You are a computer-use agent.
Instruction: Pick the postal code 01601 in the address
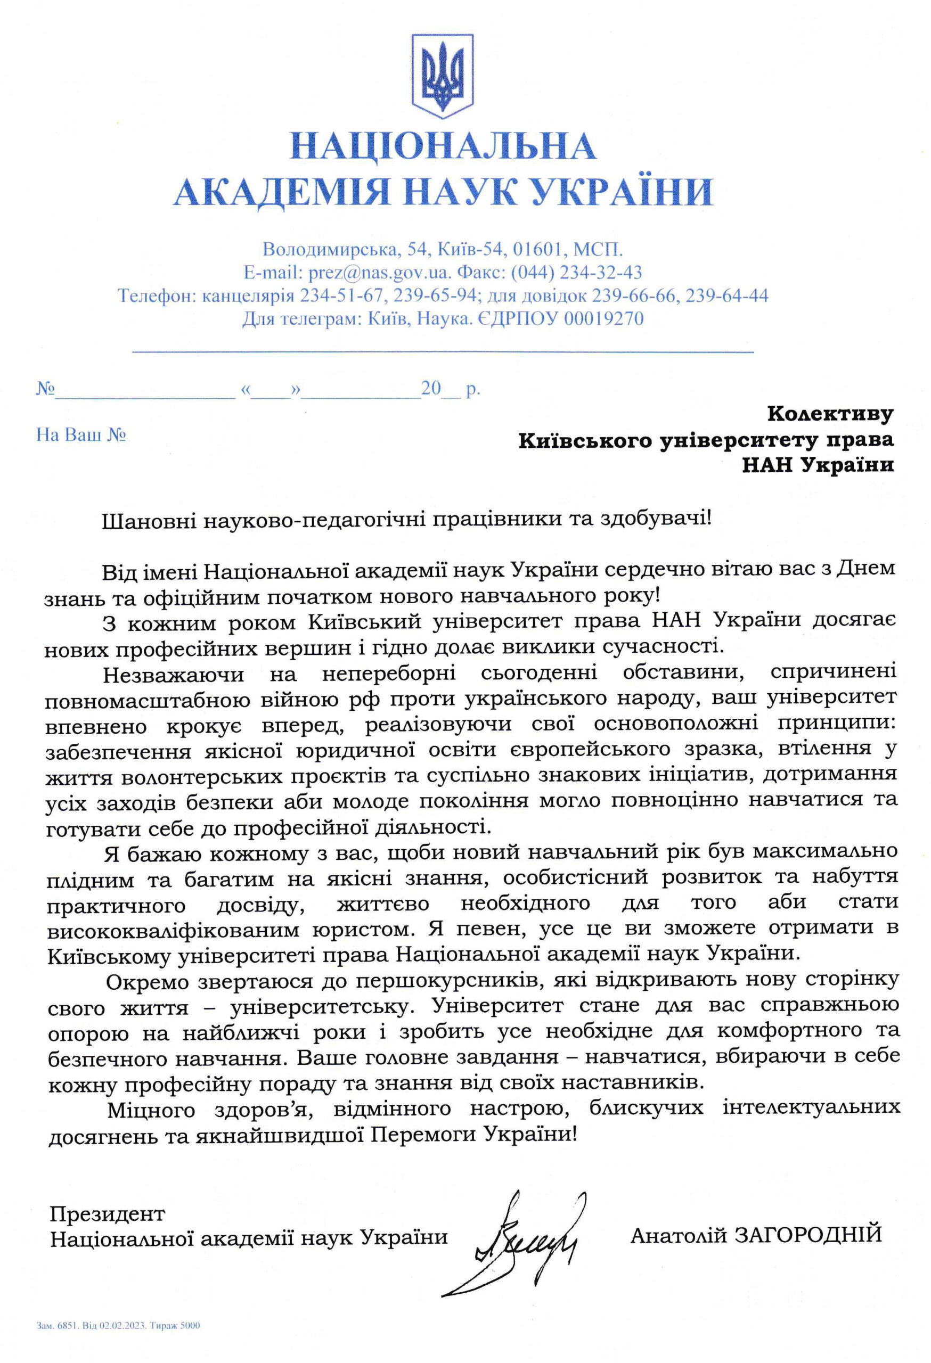pos(538,249)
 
